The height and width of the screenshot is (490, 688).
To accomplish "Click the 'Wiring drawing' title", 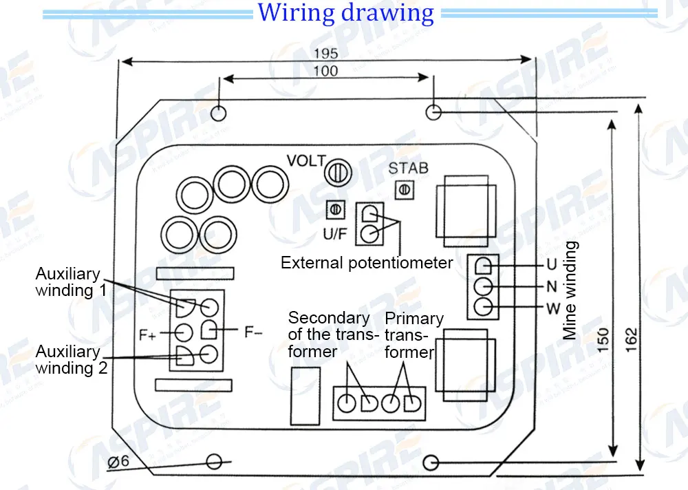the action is point(345,13).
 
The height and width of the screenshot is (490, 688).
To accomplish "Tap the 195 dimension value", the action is point(325,54).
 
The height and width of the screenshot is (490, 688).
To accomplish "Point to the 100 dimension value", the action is point(325,71).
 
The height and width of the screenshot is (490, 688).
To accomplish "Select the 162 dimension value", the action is point(631,340).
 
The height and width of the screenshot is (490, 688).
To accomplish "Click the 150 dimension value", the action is point(603,339).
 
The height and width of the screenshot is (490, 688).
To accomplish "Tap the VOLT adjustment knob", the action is point(338,172).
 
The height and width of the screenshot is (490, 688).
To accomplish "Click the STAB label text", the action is point(408,168).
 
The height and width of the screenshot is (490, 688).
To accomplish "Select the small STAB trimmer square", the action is point(404,190).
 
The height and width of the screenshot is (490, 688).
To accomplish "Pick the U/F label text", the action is point(335,234).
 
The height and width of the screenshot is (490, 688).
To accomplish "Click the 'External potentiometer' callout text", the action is point(367,263).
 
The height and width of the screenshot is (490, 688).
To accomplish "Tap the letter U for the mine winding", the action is point(552,264).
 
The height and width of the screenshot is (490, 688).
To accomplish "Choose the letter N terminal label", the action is point(552,287).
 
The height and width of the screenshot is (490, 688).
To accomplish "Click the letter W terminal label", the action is point(553,309).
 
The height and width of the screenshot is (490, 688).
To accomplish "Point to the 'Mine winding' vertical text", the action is point(570,290).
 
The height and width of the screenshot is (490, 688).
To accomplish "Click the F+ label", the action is point(147,335).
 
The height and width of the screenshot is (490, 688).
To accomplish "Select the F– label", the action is point(253,332).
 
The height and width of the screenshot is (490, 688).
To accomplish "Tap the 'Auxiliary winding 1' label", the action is point(71,282).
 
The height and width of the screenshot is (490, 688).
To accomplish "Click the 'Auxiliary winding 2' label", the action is point(71,360).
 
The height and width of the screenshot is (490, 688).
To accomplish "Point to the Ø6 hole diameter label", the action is point(118,462).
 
